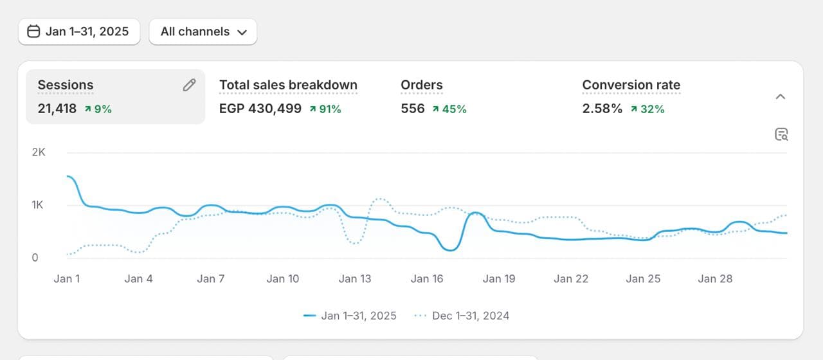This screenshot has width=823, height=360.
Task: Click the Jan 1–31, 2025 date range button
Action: [x=79, y=32]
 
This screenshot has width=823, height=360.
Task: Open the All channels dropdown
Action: [x=203, y=32]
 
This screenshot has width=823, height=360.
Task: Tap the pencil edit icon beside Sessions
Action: [x=189, y=85]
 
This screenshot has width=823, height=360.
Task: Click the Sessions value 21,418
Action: [x=57, y=109]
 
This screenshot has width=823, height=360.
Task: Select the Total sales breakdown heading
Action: [x=288, y=85]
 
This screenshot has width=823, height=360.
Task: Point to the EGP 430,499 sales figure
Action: [x=260, y=109]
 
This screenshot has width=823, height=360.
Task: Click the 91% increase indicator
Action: [x=325, y=109]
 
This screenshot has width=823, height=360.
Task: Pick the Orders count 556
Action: [x=413, y=109]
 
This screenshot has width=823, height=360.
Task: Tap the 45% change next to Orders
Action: [x=449, y=109]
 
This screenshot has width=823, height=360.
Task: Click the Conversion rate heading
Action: [x=631, y=85]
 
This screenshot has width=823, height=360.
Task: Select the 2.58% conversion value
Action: [x=602, y=109]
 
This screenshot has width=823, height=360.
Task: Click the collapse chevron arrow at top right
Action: [x=781, y=96]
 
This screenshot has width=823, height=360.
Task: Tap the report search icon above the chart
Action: [x=781, y=134]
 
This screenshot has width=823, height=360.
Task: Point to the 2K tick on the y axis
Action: [x=39, y=152]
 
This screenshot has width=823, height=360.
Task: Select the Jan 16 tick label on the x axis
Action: [x=427, y=278]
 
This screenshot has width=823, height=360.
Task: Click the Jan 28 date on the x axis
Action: [x=716, y=278]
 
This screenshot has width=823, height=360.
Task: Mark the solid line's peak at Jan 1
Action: [x=68, y=175]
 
